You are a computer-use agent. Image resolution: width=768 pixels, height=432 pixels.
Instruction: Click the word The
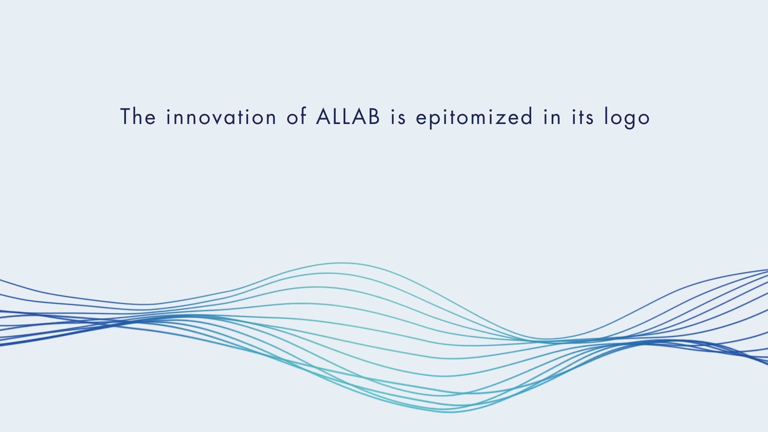(x=138, y=116)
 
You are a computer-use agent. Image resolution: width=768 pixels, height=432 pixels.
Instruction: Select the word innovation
(x=221, y=117)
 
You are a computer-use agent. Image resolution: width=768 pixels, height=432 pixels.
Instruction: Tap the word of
(x=296, y=116)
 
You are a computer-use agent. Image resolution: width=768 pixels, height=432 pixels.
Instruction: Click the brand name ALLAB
(x=348, y=116)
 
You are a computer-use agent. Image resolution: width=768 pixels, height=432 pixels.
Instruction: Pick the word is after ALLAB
(x=398, y=117)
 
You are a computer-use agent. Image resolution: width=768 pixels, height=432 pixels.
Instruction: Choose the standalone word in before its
(x=552, y=117)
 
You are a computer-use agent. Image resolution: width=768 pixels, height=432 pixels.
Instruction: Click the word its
(x=583, y=117)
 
